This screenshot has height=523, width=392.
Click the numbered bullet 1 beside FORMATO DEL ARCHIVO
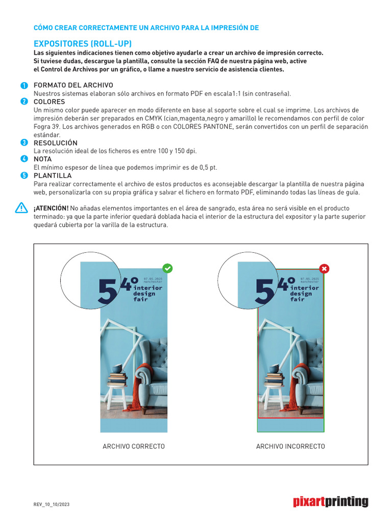[x=24, y=85]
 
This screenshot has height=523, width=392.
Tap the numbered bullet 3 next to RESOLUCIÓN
[x=24, y=142]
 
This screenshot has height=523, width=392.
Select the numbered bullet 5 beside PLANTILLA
[x=24, y=176]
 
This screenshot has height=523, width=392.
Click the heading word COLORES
[x=49, y=102]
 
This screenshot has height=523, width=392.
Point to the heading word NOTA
[x=42, y=159]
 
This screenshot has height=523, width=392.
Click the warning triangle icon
[x=21, y=208]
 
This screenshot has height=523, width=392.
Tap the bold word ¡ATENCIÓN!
[x=51, y=208]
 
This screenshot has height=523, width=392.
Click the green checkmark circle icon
[x=167, y=268]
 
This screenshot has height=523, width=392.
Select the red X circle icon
[x=324, y=268]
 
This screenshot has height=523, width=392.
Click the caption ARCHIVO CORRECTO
[x=134, y=446]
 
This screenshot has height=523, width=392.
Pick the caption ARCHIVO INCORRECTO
[x=290, y=446]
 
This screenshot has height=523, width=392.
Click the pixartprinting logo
[x=330, y=502]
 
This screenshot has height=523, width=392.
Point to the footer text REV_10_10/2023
[x=52, y=505]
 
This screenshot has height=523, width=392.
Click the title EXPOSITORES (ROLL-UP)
[x=83, y=44]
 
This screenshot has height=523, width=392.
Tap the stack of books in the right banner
[x=274, y=379]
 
